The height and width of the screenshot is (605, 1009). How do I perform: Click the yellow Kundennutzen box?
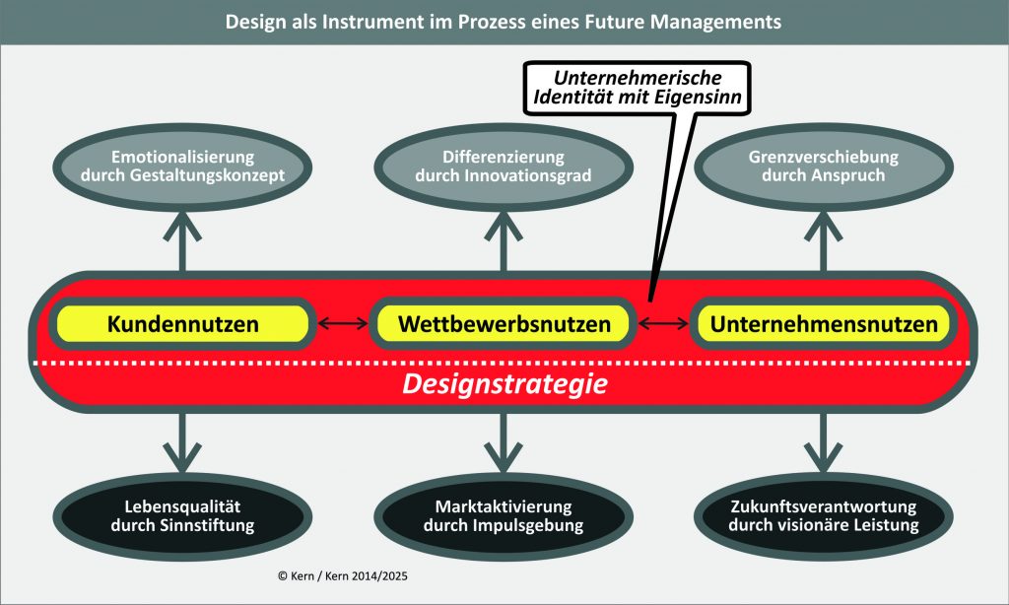[184, 323]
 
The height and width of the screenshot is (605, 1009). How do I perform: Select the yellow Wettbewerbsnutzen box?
[504, 323]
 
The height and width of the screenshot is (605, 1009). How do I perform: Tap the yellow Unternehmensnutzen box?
[823, 323]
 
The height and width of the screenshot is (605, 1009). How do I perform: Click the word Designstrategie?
[504, 382]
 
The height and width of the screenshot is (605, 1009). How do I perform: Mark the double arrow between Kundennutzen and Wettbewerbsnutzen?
[341, 323]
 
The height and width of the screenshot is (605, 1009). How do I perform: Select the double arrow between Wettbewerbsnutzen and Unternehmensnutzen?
[663, 323]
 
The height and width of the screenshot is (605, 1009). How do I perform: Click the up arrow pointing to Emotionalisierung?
[183, 236]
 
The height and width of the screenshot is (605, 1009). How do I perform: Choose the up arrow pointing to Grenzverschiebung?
[823, 236]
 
